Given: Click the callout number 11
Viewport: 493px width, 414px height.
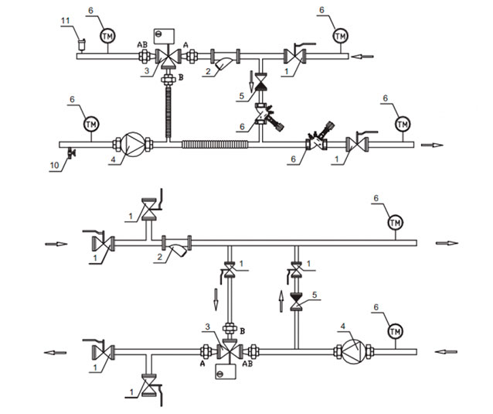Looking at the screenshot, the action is click(65, 21).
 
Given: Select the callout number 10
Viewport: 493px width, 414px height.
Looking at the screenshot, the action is click(54, 165).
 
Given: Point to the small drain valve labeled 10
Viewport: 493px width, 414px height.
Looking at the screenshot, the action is click(71, 153).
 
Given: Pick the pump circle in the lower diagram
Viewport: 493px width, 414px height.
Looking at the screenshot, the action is click(353, 352).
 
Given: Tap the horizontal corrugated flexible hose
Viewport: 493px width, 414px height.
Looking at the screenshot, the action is click(215, 144).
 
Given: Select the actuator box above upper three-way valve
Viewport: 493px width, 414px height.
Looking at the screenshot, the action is click(164, 36).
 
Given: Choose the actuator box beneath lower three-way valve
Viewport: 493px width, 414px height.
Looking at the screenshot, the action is click(226, 371).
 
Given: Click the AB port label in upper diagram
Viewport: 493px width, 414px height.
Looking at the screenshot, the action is click(142, 45).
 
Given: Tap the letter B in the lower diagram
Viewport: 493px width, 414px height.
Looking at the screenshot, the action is click(242, 331).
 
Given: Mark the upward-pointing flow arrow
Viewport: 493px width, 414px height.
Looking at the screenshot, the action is click(281, 302).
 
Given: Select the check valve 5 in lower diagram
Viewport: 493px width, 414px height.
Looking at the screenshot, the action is click(296, 302).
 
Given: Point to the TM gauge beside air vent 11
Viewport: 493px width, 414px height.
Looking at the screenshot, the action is click(107, 36).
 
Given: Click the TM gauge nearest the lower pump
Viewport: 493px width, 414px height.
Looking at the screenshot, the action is click(395, 331).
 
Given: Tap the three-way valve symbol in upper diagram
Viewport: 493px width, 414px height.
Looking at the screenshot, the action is click(168, 58).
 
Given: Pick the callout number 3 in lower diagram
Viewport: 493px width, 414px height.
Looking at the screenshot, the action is click(207, 327).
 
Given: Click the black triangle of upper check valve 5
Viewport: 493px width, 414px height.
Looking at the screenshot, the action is click(260, 86).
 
